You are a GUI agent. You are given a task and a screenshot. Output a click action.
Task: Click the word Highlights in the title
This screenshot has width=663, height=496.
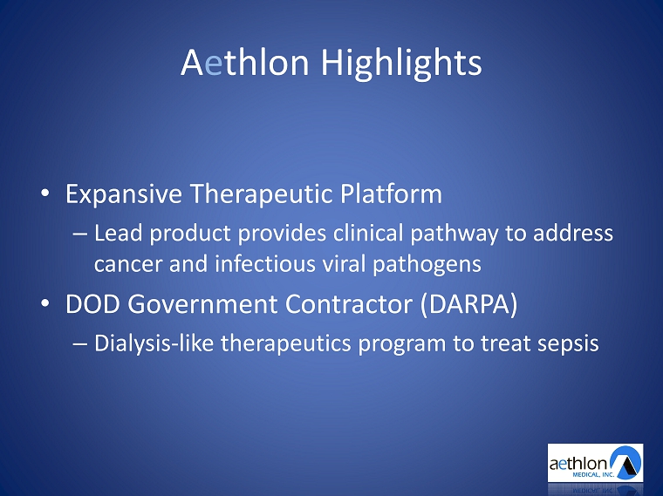point(401,64)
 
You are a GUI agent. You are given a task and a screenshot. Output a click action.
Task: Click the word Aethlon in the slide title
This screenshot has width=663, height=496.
point(245,62)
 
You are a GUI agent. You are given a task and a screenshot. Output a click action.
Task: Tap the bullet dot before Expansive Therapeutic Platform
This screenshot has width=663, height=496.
point(44,193)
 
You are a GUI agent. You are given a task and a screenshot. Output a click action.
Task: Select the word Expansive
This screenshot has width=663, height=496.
point(124,194)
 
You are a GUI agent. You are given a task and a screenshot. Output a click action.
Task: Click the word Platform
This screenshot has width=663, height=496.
point(391,193)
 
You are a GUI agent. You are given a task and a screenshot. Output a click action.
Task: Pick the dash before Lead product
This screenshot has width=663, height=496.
point(80,234)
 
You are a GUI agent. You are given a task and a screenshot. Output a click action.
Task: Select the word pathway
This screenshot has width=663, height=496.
point(455,234)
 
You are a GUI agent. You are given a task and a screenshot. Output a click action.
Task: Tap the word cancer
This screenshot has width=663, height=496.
point(127,264)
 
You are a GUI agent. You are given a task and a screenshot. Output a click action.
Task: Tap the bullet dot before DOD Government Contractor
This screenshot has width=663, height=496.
point(44,303)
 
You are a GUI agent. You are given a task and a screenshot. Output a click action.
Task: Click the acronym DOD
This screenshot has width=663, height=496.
point(92,303)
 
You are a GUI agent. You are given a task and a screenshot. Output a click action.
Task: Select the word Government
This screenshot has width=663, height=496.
point(202,303)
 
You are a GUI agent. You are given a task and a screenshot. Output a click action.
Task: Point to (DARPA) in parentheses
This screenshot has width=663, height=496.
point(469,304)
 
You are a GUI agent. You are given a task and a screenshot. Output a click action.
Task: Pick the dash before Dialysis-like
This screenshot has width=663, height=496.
point(80,343)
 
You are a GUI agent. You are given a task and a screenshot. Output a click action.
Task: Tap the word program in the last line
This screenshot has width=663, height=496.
point(401,344)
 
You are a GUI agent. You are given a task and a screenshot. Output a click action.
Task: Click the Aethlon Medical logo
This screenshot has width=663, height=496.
point(595,463)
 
